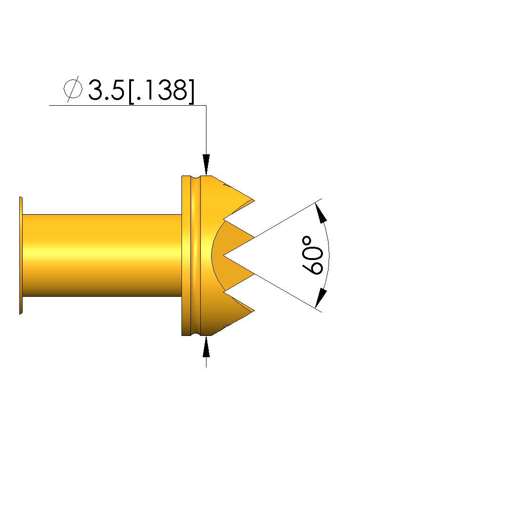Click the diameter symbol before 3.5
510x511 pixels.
tap(73, 89)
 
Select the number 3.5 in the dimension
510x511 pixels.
tap(106, 90)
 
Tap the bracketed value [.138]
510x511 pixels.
tap(162, 91)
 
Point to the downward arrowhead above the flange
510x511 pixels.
tap(206, 165)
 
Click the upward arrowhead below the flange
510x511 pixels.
tap(206, 347)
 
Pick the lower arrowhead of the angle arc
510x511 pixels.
tap(321, 298)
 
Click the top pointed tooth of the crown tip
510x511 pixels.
tap(254, 200)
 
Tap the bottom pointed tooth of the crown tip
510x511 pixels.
tap(254, 310)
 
